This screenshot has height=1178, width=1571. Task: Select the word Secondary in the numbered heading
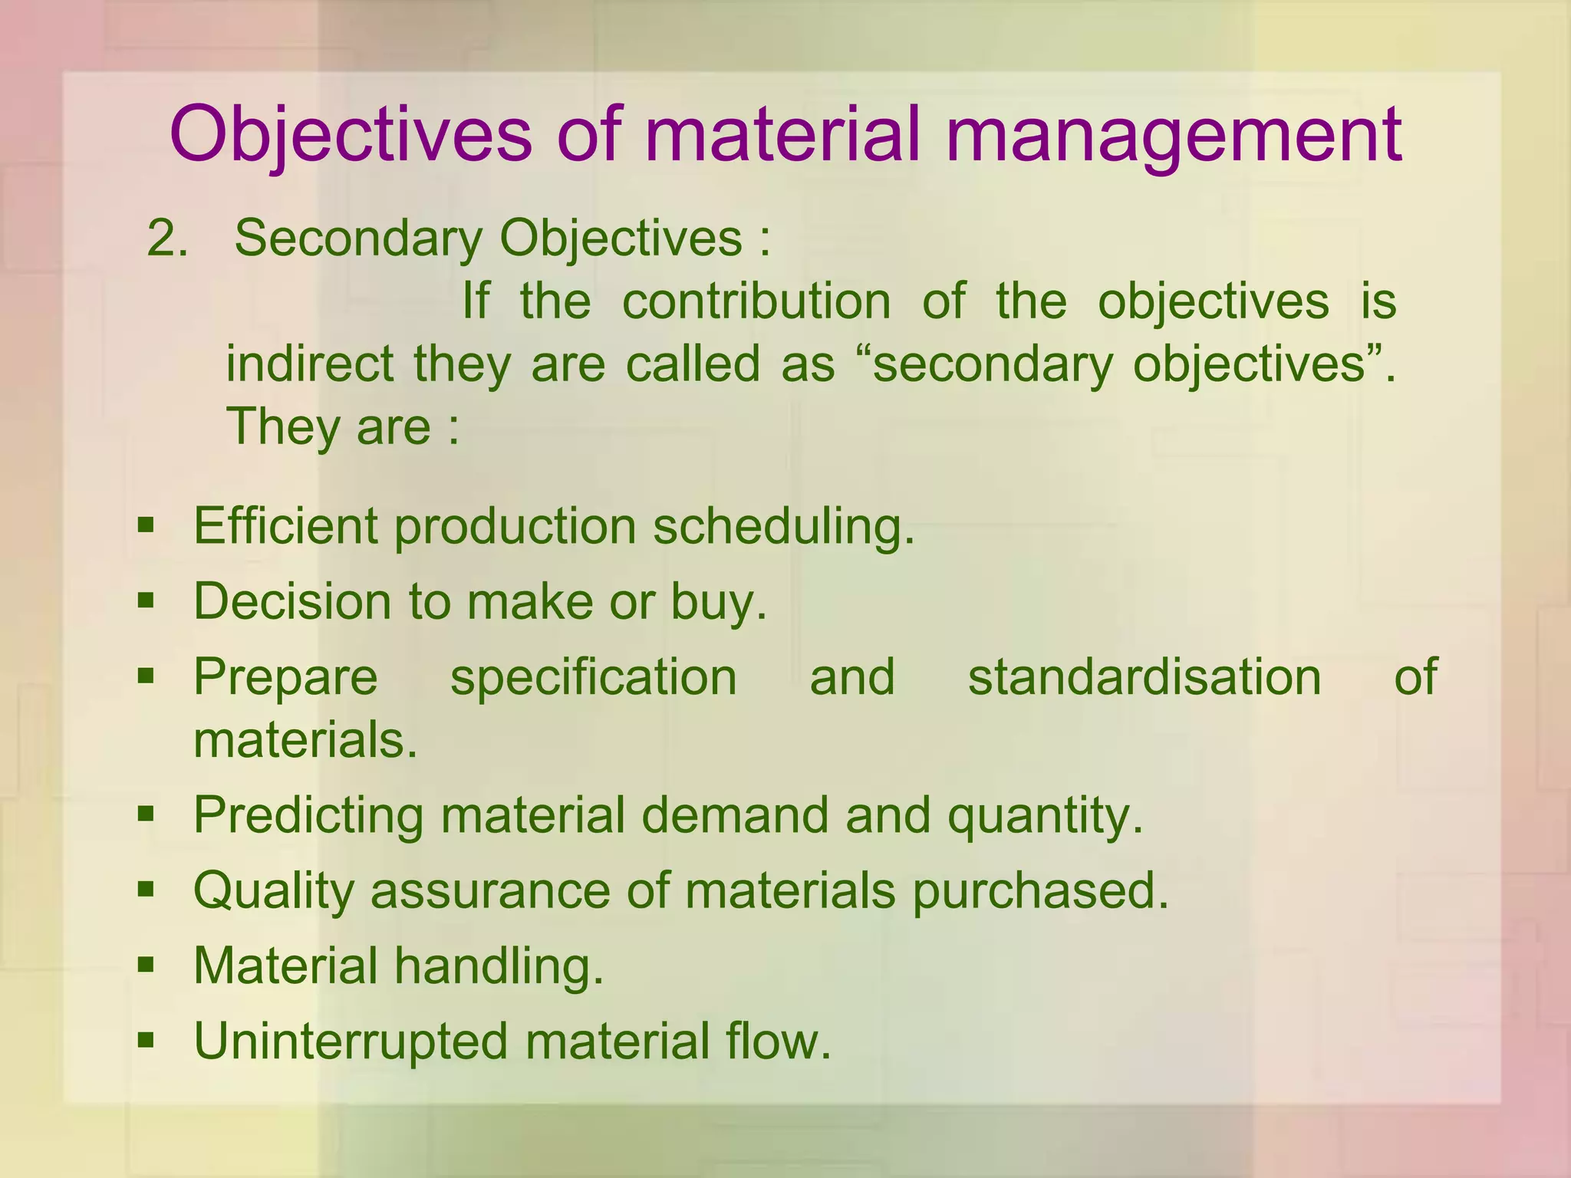[x=357, y=239]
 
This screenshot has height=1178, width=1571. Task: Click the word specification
[x=594, y=677]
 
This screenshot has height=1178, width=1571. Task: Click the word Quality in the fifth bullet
[x=273, y=890]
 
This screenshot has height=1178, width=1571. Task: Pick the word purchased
[x=1040, y=890]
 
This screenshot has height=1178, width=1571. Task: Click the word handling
[x=499, y=966]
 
